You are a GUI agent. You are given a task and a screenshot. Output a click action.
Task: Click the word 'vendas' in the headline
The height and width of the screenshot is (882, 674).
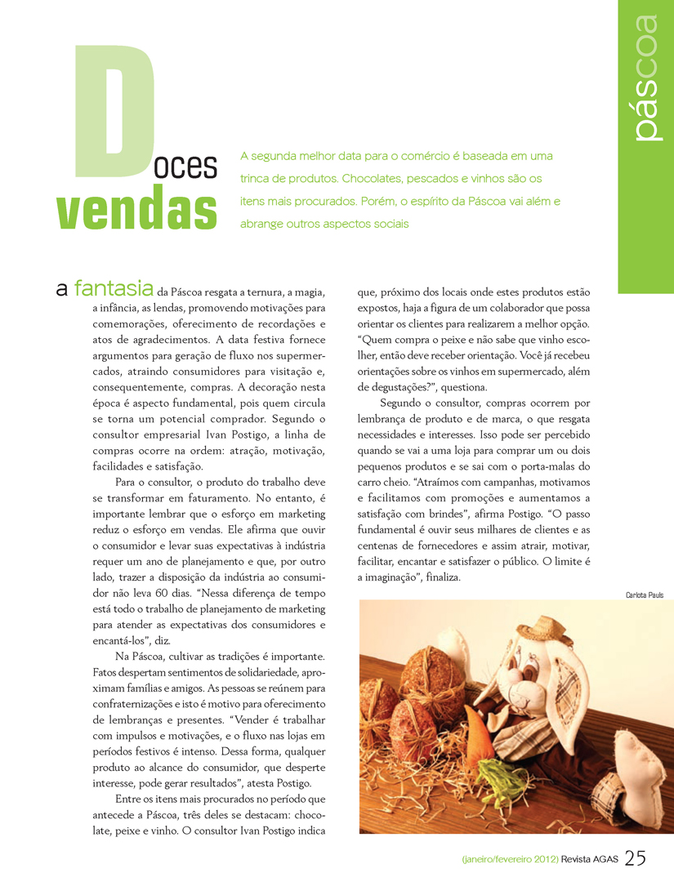136,210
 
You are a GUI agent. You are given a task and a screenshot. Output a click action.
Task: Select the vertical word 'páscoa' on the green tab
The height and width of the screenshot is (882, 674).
645,78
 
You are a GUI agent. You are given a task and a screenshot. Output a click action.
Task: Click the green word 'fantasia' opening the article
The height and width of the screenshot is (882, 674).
114,288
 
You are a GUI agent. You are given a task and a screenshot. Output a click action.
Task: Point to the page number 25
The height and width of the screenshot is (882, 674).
636,858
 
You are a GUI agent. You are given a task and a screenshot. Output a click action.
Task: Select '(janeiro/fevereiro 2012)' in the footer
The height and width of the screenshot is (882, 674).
510,860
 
